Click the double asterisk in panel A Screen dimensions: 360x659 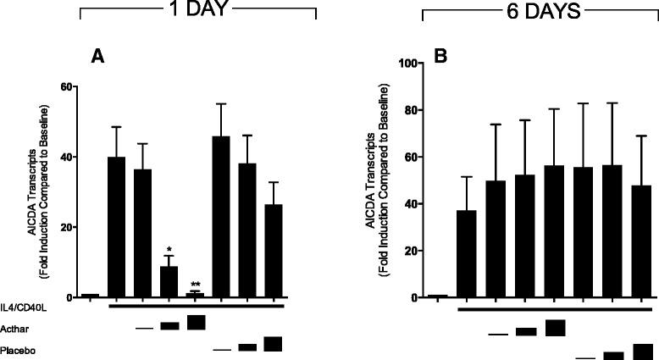click(196, 285)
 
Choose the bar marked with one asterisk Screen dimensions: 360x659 click(169, 280)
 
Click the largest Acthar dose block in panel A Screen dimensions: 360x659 click(197, 323)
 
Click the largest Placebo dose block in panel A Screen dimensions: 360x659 click(274, 343)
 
